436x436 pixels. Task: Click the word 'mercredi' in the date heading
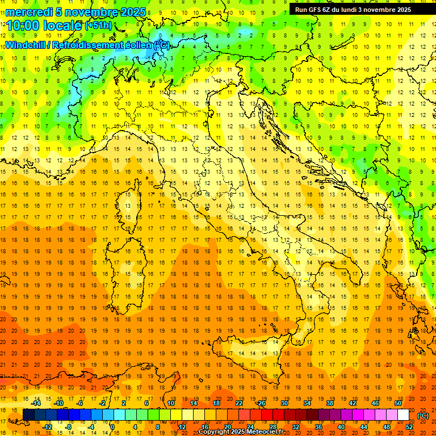(28, 12)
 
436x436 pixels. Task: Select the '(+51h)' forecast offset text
(99, 26)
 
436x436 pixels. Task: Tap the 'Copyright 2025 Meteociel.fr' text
(241, 432)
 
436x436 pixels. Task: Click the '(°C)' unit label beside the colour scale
(423, 415)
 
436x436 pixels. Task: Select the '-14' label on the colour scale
(36, 404)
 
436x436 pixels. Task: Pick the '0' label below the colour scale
(112, 427)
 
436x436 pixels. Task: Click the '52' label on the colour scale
(409, 427)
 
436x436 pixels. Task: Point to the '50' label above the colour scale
(398, 404)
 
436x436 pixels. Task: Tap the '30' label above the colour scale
(284, 404)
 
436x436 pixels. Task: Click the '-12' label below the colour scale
(48, 427)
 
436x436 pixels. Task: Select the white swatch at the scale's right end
(404, 415)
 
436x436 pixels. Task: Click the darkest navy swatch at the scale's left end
(28, 415)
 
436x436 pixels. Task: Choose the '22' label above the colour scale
(238, 404)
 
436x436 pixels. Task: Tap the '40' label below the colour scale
(341, 427)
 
